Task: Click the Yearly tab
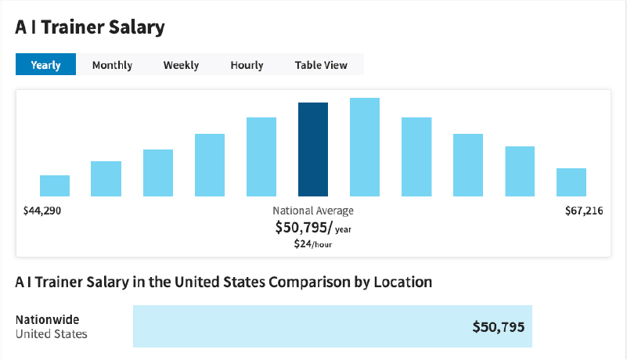pos(45,65)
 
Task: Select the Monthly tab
pos(112,65)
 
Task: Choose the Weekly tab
pos(181,65)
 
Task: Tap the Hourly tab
pos(247,65)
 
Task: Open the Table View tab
pos(321,65)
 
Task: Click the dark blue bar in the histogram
pos(313,149)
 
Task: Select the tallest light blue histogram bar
pos(365,147)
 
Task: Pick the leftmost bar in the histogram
pos(55,185)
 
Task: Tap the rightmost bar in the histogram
pos(571,182)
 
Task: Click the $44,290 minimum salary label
pos(43,211)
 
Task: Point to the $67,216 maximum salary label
pos(584,211)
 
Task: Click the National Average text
pos(313,211)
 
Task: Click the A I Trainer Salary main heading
pos(90,27)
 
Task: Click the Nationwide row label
pos(47,319)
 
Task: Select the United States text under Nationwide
pos(52,334)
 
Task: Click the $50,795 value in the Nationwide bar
pos(498,326)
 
